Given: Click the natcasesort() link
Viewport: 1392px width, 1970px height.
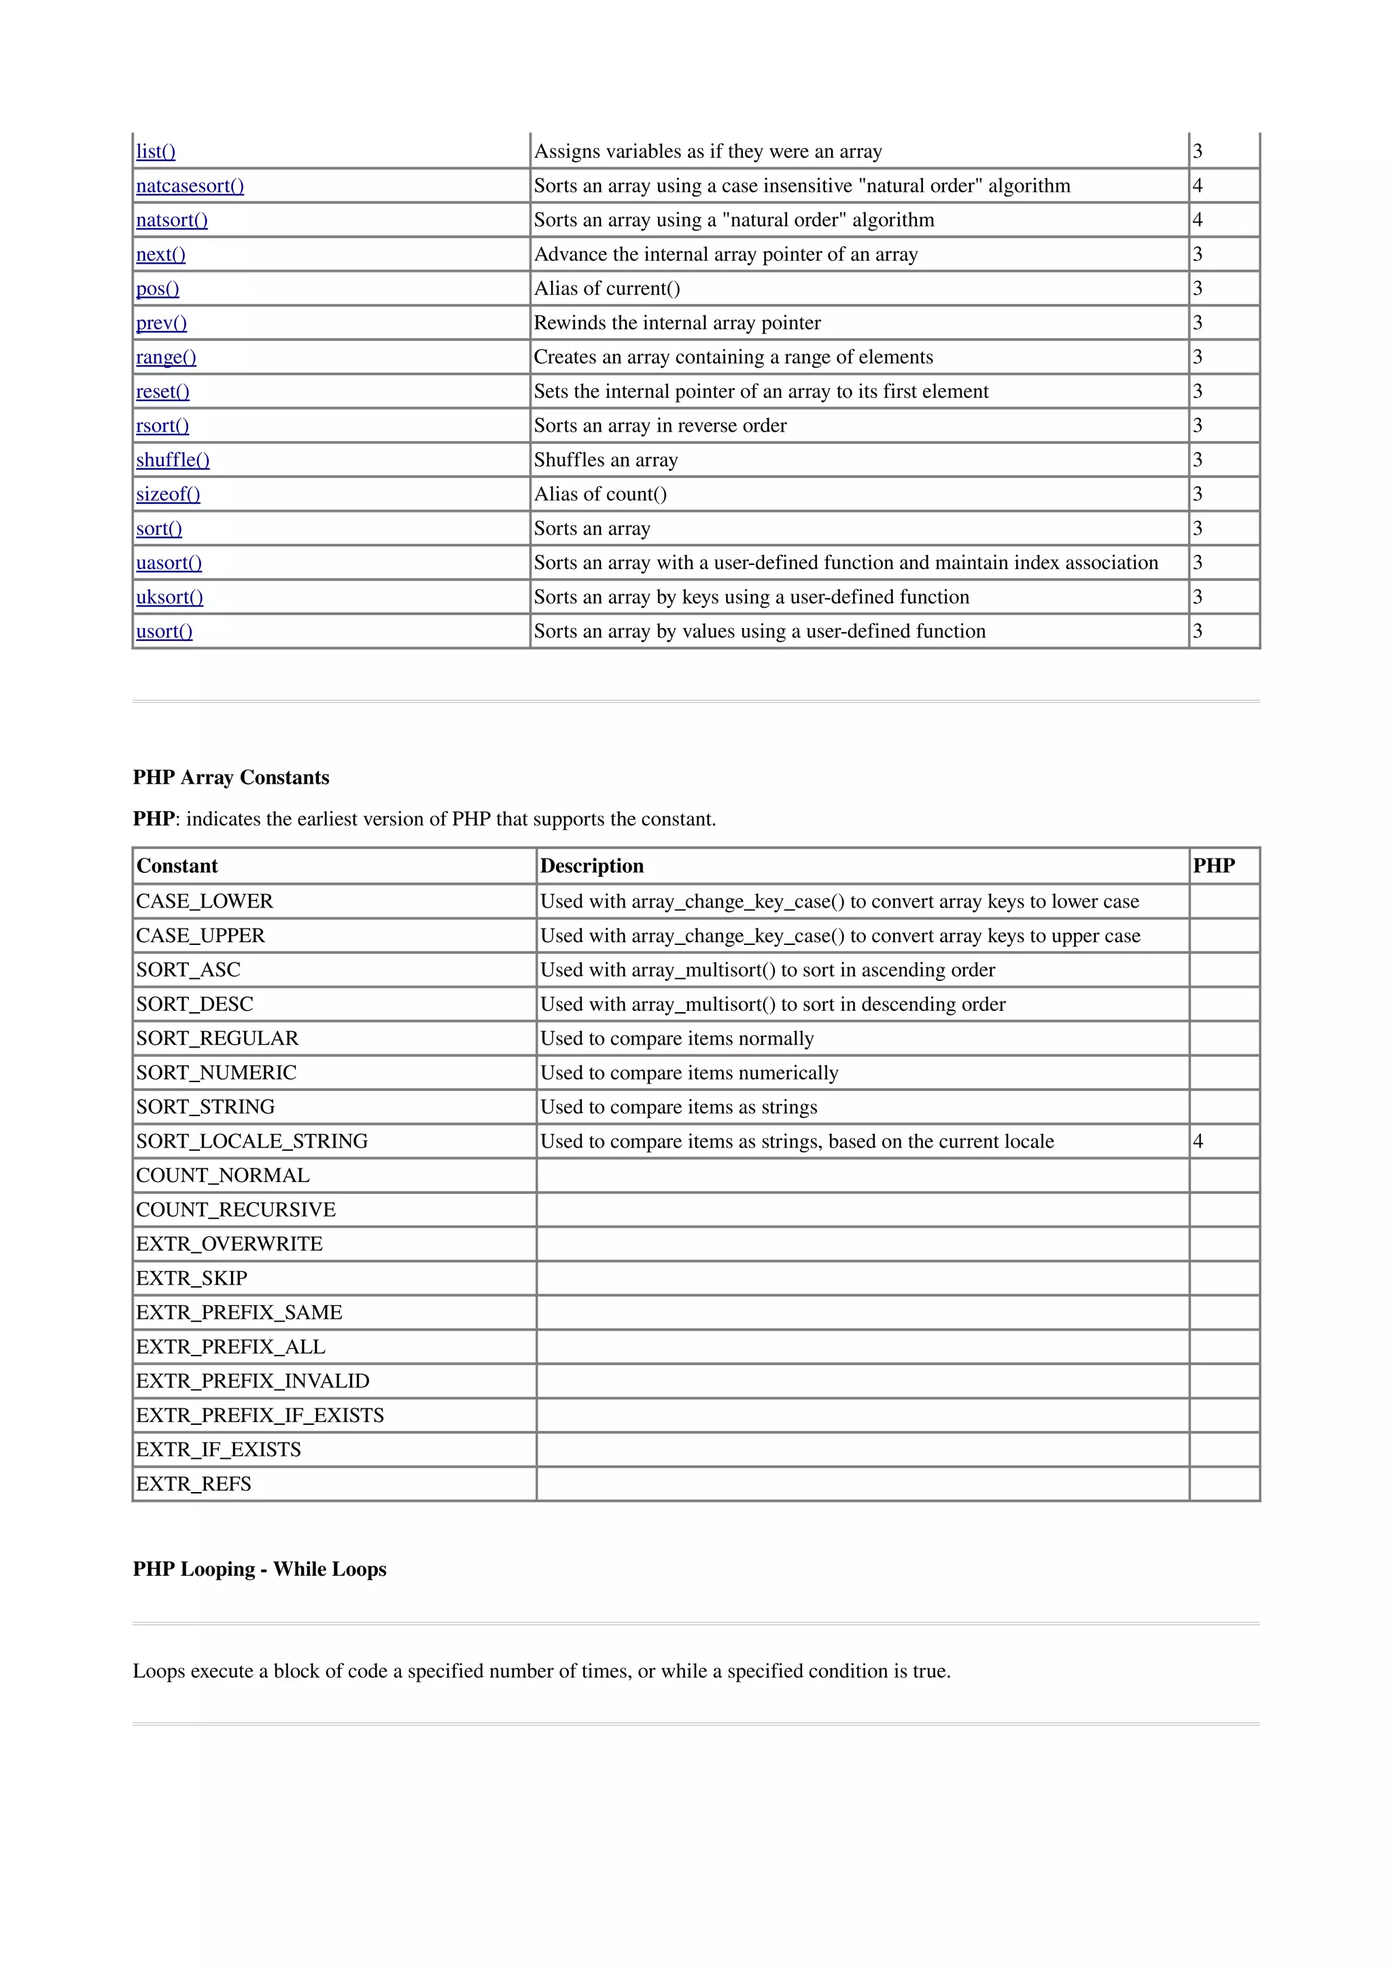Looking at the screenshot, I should point(190,186).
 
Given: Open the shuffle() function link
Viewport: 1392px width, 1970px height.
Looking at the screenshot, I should point(173,460).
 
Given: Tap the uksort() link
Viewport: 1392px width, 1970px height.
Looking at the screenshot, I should point(169,597).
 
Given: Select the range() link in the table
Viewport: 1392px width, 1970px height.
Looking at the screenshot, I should point(166,357).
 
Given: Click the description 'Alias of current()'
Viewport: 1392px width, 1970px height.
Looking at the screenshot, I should point(606,288).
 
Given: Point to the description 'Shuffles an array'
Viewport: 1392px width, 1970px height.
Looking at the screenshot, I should point(606,460).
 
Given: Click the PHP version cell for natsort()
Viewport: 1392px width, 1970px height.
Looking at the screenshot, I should point(1198,220).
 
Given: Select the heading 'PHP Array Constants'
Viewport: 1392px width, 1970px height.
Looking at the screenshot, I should point(230,778).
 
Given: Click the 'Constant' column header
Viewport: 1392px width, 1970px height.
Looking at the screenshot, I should point(177,866).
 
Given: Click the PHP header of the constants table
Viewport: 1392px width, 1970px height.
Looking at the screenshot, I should point(1214,866).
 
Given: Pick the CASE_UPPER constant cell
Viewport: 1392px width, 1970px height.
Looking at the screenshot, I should point(200,935).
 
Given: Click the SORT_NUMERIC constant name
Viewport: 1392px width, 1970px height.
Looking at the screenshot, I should point(216,1073).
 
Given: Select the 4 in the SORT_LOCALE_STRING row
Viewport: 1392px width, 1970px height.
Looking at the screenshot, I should point(1198,1141).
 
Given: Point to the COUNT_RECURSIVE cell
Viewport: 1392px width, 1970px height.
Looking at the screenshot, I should point(236,1210).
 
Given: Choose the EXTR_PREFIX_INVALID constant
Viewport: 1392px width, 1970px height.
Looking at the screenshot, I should point(252,1381).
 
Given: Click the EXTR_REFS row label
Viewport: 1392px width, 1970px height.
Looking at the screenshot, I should point(194,1483).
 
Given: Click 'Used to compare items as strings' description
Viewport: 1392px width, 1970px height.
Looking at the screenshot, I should point(678,1107).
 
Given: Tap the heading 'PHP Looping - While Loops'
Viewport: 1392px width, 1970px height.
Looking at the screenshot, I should point(259,1570).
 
